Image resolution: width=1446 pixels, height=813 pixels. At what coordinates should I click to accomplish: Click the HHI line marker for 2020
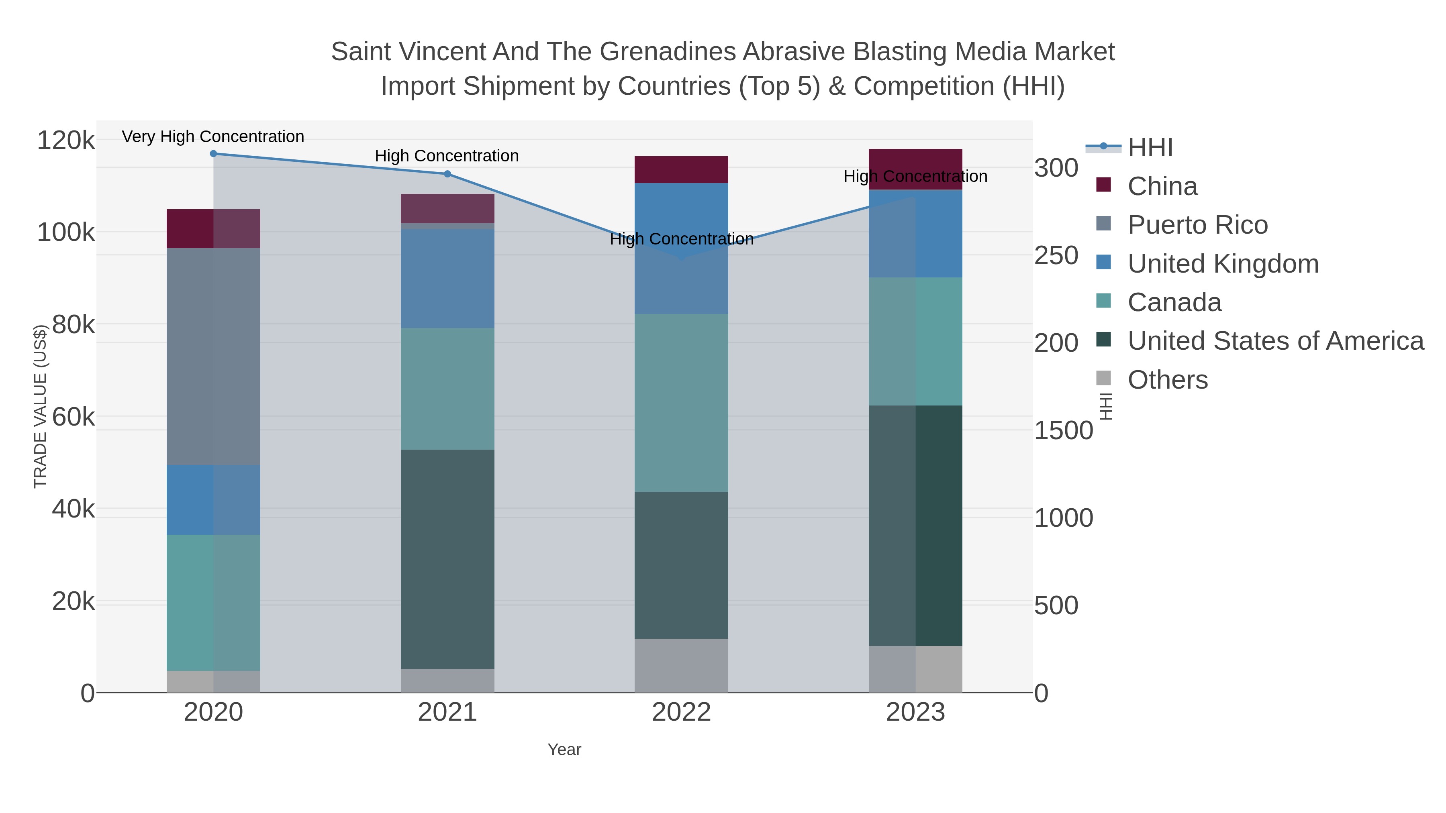(x=213, y=154)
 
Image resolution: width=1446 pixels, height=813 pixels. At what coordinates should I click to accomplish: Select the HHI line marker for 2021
(x=447, y=174)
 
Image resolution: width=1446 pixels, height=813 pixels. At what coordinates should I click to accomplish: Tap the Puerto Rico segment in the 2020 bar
(x=213, y=356)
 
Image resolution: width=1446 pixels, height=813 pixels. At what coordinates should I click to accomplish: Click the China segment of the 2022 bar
(x=681, y=169)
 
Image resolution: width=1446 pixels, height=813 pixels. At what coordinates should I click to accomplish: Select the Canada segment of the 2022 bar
(x=681, y=402)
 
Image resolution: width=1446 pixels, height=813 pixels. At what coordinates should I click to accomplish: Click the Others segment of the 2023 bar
(x=915, y=669)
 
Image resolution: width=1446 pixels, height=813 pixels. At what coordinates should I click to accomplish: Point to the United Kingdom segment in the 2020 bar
(x=213, y=499)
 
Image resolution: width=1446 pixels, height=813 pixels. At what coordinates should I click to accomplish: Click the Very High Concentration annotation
(x=213, y=137)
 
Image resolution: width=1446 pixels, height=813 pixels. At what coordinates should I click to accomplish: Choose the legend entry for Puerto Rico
(x=1197, y=225)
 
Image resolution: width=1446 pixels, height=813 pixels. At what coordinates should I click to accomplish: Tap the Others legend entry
(x=1168, y=380)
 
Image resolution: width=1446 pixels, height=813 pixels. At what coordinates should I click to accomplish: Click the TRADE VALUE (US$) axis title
(x=41, y=406)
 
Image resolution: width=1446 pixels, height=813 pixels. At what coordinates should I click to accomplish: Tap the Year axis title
(x=564, y=750)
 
